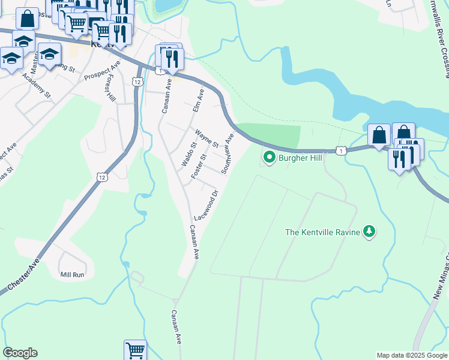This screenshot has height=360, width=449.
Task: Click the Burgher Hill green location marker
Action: coord(269,158)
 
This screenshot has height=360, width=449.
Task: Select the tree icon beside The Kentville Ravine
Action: coord(370,231)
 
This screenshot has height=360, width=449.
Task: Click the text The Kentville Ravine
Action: coord(322,232)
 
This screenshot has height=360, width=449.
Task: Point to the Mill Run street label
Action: coord(72,275)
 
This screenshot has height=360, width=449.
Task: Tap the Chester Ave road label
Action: coord(20,275)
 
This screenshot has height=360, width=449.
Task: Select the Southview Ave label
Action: coord(228,154)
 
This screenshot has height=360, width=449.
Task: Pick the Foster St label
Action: coord(199,166)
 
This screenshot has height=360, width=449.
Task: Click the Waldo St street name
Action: coord(189,154)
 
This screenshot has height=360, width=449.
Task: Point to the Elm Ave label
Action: coord(198,100)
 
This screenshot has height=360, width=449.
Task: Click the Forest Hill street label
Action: coord(110,89)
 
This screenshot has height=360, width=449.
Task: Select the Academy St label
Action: coord(37,83)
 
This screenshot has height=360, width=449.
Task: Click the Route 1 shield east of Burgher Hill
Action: coord(341,151)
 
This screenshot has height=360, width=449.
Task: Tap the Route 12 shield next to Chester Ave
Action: coord(102,176)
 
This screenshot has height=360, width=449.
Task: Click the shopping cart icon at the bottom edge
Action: coord(135,350)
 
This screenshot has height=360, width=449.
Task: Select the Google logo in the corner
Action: coord(20,353)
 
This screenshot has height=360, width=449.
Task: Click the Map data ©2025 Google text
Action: coord(412,355)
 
